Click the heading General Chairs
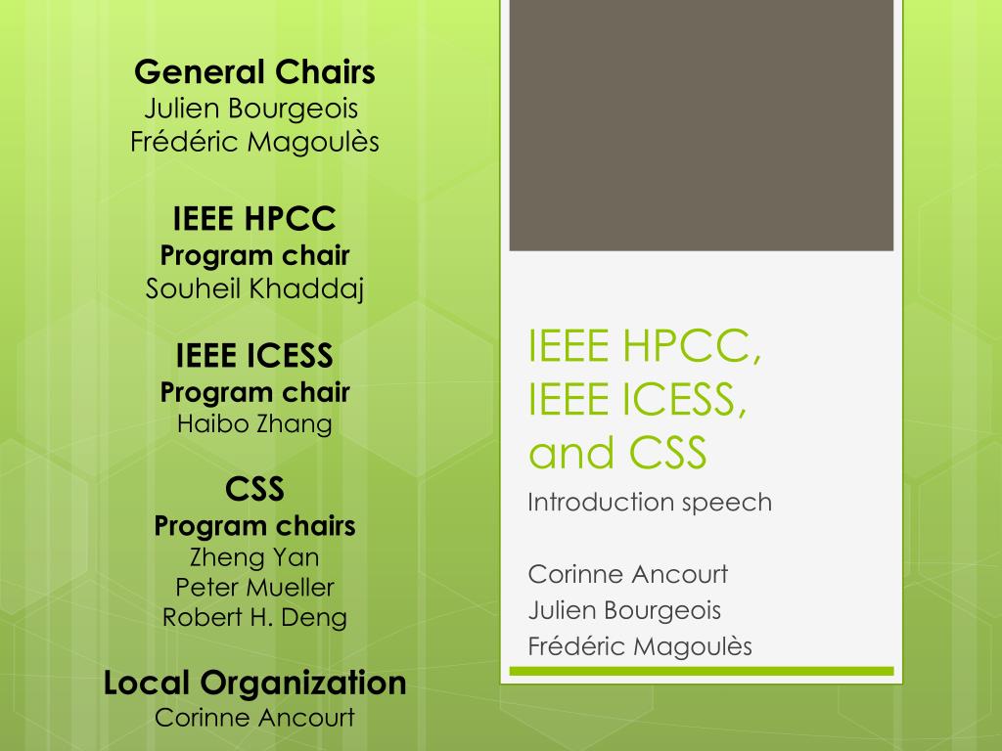point(254,72)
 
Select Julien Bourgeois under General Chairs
point(254,107)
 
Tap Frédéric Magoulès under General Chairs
point(254,142)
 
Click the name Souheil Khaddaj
point(254,289)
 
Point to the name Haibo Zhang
point(254,423)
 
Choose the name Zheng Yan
point(254,557)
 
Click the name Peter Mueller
point(254,588)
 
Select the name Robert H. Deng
point(254,618)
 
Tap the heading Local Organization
point(254,683)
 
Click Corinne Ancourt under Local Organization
point(254,717)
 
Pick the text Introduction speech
point(650,503)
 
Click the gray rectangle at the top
point(701,125)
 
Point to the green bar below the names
point(701,672)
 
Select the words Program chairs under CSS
point(254,526)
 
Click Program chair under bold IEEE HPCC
point(254,256)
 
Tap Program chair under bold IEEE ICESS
point(254,393)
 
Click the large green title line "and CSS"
point(617,453)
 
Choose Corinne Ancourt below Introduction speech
point(627,574)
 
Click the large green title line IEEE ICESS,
point(638,400)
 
